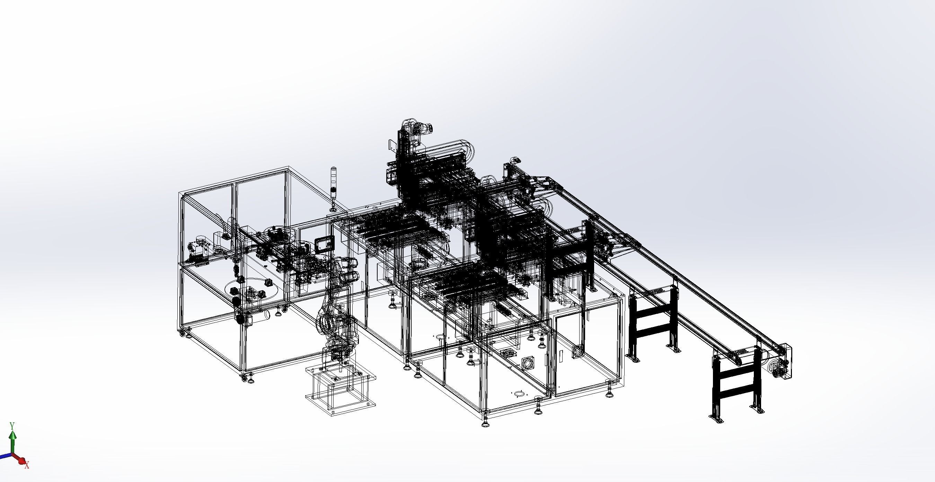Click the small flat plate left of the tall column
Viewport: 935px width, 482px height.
pos(392,145)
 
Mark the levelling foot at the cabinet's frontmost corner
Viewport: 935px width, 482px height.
pos(485,423)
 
